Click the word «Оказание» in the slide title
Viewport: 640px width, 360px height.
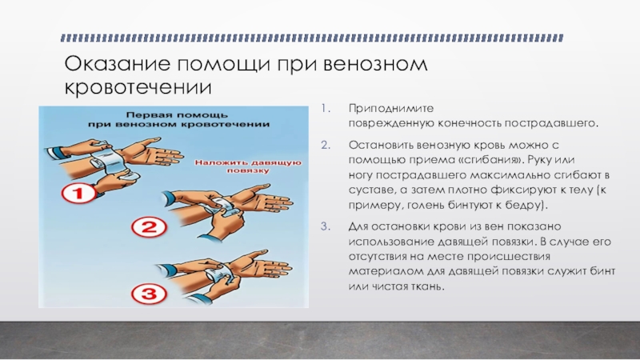[x=116, y=64]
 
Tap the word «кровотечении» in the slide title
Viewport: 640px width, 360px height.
[x=138, y=87]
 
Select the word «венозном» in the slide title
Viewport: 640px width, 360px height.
[x=375, y=64]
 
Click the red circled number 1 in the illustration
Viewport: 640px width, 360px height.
[x=78, y=193]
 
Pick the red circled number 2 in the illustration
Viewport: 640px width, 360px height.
[x=149, y=227]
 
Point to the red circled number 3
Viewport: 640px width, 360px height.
[x=149, y=293]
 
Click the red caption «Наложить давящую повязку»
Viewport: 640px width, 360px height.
[x=248, y=166]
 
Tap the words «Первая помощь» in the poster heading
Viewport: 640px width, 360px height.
[x=176, y=115]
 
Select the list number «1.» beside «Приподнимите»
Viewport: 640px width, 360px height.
[x=326, y=108]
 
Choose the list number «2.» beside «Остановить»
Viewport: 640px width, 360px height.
[x=326, y=145]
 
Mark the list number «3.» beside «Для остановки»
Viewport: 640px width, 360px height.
[x=326, y=226]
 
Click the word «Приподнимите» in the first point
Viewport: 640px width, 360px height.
[x=391, y=109]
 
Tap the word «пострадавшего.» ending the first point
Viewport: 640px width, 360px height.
[x=551, y=123]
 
